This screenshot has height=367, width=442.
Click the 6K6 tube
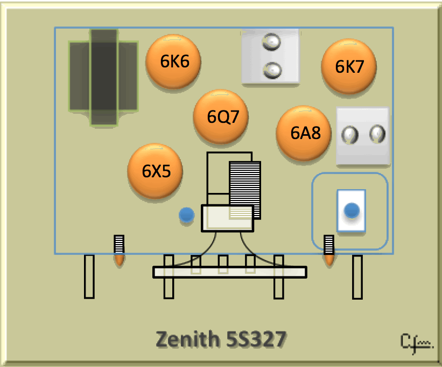[173, 61]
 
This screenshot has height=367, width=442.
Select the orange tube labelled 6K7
[349, 67]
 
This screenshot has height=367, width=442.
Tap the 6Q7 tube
[220, 117]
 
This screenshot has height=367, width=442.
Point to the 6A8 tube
[304, 133]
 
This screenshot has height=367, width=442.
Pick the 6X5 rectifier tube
[155, 171]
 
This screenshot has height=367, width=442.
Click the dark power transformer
[103, 77]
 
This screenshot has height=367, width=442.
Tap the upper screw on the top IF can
[271, 41]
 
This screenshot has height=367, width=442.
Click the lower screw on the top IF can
[272, 70]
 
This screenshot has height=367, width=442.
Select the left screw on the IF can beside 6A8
[350, 135]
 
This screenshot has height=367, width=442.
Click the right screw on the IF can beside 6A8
[377, 134]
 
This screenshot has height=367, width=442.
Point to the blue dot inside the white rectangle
[352, 210]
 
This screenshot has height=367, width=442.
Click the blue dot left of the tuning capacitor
[187, 215]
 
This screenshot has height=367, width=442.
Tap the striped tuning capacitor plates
[245, 190]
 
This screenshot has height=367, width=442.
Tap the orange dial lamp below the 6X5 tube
[119, 260]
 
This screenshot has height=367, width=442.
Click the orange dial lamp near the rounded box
[329, 260]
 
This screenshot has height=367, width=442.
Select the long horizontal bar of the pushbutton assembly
[230, 272]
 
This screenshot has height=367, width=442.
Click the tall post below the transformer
[89, 276]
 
